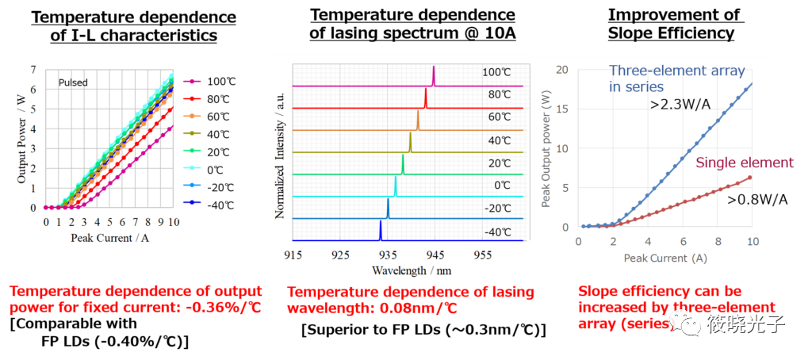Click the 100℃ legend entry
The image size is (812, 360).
[220, 82]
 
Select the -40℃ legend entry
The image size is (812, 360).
[220, 204]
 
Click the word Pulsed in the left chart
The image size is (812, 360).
[72, 82]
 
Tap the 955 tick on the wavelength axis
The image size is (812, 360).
[482, 255]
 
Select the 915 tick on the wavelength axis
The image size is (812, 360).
[293, 255]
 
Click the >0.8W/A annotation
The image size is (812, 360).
[758, 199]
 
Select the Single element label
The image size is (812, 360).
[744, 163]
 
